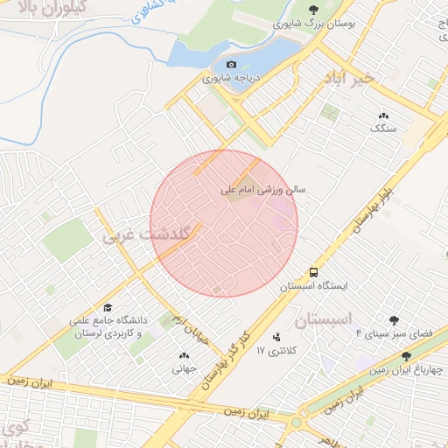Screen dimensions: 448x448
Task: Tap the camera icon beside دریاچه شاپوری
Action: coord(231,64)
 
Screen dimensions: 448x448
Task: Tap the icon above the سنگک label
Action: coord(383,115)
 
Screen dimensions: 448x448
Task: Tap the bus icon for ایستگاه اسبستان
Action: coord(314,271)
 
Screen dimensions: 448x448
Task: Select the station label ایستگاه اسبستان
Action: coord(313,286)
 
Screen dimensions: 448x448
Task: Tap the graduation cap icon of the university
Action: coord(108,307)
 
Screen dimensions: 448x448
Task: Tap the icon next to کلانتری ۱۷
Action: coord(277,336)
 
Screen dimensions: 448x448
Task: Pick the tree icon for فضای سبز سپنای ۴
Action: coord(395,320)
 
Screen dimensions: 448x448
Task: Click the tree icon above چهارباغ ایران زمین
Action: coord(406,356)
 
